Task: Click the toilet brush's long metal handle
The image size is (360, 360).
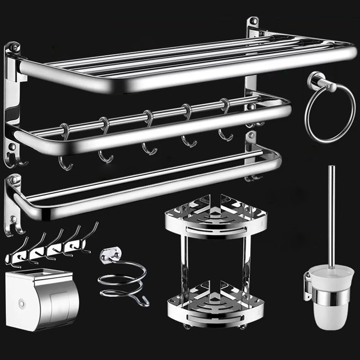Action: coord(332,216)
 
